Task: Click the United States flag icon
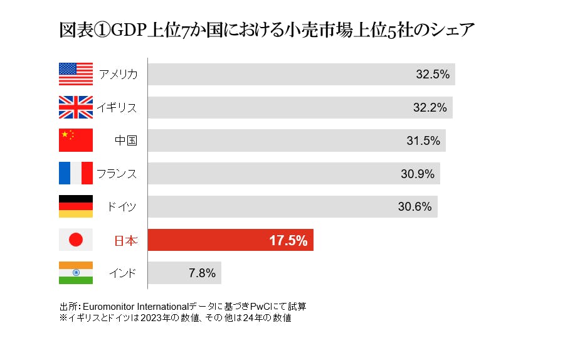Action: pyautogui.click(x=75, y=74)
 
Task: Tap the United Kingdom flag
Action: pyautogui.click(x=75, y=107)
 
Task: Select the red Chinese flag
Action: pyautogui.click(x=75, y=140)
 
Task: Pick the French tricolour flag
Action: pyautogui.click(x=75, y=173)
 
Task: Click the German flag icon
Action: pyautogui.click(x=75, y=206)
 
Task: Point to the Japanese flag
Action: pyautogui.click(x=75, y=240)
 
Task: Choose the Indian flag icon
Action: pyautogui.click(x=75, y=273)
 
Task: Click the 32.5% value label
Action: pyautogui.click(x=433, y=74)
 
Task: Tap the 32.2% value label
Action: pyautogui.click(x=430, y=107)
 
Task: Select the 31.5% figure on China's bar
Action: pyautogui.click(x=423, y=140)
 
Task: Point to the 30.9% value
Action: pyautogui.click(x=418, y=174)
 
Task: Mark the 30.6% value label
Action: pyautogui.click(x=415, y=207)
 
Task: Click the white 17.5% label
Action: pyautogui.click(x=288, y=240)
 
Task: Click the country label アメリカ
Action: pyautogui.click(x=118, y=75)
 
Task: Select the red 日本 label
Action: pyautogui.click(x=125, y=240)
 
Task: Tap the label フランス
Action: pyautogui.click(x=117, y=174)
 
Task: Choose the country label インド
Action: pyautogui.click(x=122, y=273)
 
